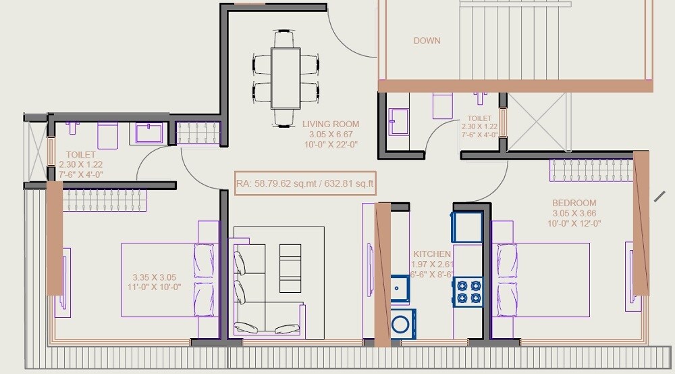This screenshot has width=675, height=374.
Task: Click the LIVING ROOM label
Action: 330,124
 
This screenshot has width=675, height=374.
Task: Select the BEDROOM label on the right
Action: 574,203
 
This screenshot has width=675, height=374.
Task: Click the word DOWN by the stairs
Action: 427,41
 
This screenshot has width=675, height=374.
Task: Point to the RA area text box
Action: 304,183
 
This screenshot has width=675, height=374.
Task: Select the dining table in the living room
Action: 286,78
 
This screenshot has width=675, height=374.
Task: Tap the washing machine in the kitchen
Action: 404,322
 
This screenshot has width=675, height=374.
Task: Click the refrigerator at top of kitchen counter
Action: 468,227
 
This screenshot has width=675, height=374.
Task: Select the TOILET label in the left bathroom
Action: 80,155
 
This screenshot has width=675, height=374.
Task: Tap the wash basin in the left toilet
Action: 148,132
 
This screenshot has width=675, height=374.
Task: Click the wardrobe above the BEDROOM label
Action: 591,170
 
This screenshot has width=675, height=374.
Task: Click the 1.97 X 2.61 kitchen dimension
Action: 432,264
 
